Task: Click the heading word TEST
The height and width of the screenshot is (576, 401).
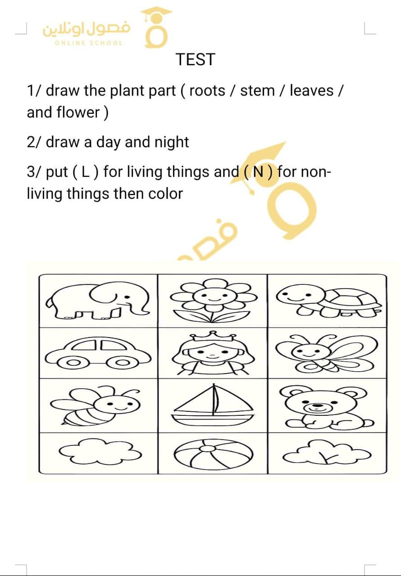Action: pyautogui.click(x=195, y=59)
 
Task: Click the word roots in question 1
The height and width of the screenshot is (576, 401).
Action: pyautogui.click(x=207, y=91)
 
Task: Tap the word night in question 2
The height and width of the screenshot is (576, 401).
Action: pyautogui.click(x=172, y=142)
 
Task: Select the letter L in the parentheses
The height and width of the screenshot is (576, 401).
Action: pyautogui.click(x=85, y=172)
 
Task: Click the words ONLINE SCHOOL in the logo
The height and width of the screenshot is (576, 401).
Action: pyautogui.click(x=89, y=43)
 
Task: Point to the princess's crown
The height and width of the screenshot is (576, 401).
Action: pyautogui.click(x=213, y=336)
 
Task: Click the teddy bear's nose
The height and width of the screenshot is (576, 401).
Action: pyautogui.click(x=318, y=405)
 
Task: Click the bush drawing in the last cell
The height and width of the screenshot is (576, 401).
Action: pyautogui.click(x=327, y=453)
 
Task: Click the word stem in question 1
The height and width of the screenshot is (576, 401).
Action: pyautogui.click(x=257, y=91)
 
